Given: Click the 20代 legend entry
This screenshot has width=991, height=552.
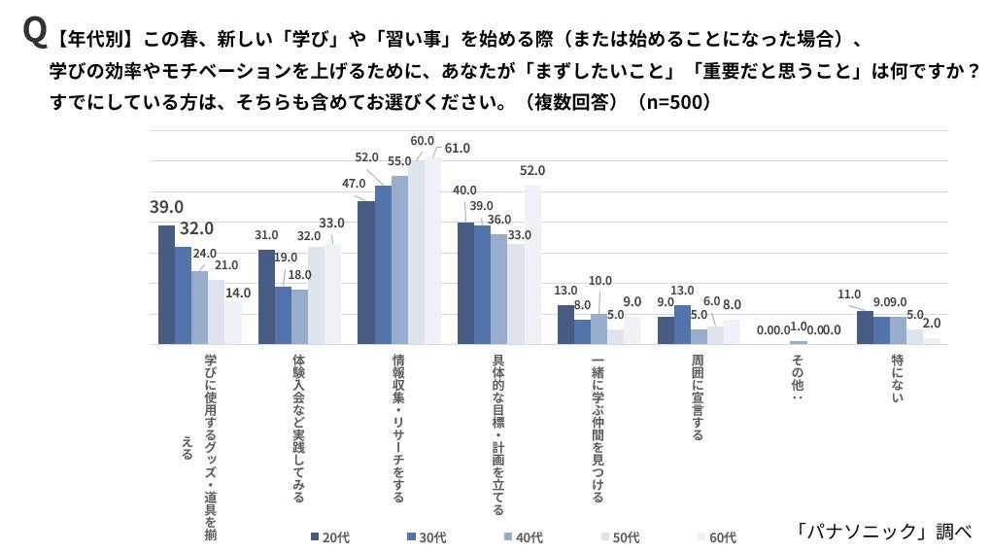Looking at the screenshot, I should [x=329, y=536].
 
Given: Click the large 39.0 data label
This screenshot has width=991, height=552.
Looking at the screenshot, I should [x=166, y=207].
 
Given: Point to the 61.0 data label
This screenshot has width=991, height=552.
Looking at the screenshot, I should [x=457, y=148].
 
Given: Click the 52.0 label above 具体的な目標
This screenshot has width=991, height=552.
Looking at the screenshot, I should [x=532, y=170].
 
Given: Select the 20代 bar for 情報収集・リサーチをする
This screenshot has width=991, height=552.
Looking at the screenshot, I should [x=366, y=272].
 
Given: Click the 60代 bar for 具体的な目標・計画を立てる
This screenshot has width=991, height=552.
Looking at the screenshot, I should [x=532, y=264].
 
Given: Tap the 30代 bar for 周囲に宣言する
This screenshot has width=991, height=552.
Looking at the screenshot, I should [x=682, y=325].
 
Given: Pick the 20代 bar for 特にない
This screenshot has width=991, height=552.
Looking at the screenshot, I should [x=864, y=328].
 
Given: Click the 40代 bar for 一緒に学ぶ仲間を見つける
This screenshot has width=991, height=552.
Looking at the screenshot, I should [x=598, y=328].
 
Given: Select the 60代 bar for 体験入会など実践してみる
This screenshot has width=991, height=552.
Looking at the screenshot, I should [x=333, y=293].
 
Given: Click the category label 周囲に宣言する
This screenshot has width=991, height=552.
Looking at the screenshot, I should [x=698, y=397].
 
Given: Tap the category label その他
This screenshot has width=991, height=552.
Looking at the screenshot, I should [x=798, y=377].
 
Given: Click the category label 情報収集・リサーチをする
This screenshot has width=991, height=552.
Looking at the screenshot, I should [x=399, y=428].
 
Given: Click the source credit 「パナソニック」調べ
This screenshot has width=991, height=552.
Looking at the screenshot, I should [x=882, y=531].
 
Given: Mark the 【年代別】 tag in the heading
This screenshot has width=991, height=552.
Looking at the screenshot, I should [x=93, y=40].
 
